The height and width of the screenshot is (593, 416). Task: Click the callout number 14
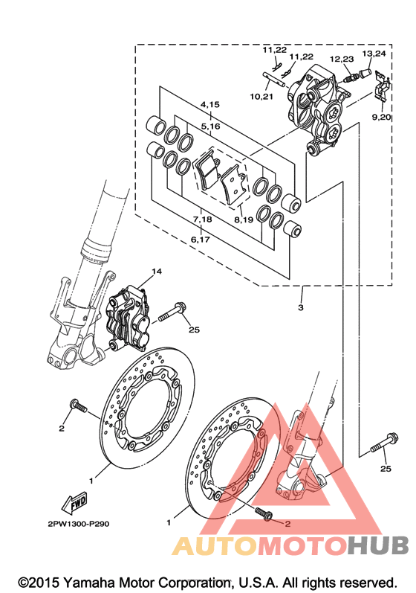pos(156,271)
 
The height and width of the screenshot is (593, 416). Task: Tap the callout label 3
pos(301,307)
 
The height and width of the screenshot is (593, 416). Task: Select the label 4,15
pos(210,104)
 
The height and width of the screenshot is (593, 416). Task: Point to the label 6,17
pos(200,240)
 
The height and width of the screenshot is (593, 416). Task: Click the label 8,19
pos(244,219)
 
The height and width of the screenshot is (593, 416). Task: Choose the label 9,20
pos(381,117)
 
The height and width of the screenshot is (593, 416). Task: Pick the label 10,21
pos(261,97)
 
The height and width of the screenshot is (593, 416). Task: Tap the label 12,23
pos(342,59)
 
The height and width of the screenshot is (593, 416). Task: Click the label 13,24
pos(374,54)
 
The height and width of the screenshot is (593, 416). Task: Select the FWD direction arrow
pos(74,503)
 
